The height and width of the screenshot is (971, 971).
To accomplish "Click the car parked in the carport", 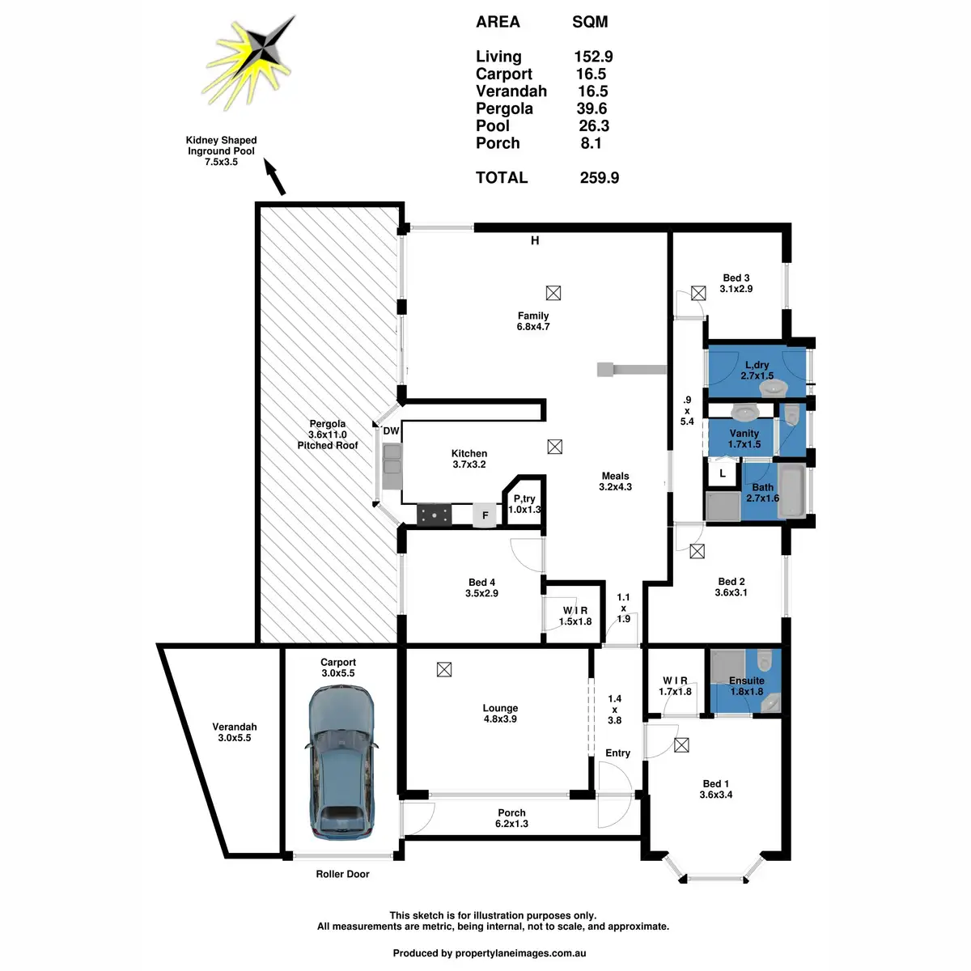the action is (341, 762).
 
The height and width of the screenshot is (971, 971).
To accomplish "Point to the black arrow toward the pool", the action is (274, 176).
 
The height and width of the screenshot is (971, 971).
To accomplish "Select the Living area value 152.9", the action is (593, 57).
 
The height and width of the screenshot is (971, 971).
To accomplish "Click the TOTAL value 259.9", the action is (599, 177).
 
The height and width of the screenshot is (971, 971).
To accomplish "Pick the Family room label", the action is (533, 321).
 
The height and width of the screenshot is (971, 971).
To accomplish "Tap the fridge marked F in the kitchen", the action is (485, 515).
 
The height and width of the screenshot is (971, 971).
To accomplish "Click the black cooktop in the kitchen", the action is (434, 515).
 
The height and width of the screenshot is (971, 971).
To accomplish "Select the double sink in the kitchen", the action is (392, 466).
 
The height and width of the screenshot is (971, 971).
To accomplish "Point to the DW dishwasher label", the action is (391, 430).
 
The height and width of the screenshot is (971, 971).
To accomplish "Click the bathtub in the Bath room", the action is (791, 491).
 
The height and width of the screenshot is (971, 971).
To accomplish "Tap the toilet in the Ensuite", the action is (765, 659).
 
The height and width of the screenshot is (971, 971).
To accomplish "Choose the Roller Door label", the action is (342, 874).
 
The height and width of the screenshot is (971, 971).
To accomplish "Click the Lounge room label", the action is (500, 713).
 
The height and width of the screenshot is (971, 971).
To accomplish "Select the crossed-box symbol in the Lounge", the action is (444, 669).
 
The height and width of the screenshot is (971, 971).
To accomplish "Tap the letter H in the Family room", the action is (535, 241).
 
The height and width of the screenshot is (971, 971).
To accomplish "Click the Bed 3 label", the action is (736, 283).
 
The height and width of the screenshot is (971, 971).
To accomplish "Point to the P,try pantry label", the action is (524, 504).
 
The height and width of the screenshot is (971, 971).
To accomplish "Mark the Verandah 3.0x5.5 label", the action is (235, 732).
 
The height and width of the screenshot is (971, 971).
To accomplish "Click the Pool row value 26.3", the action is (594, 125).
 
